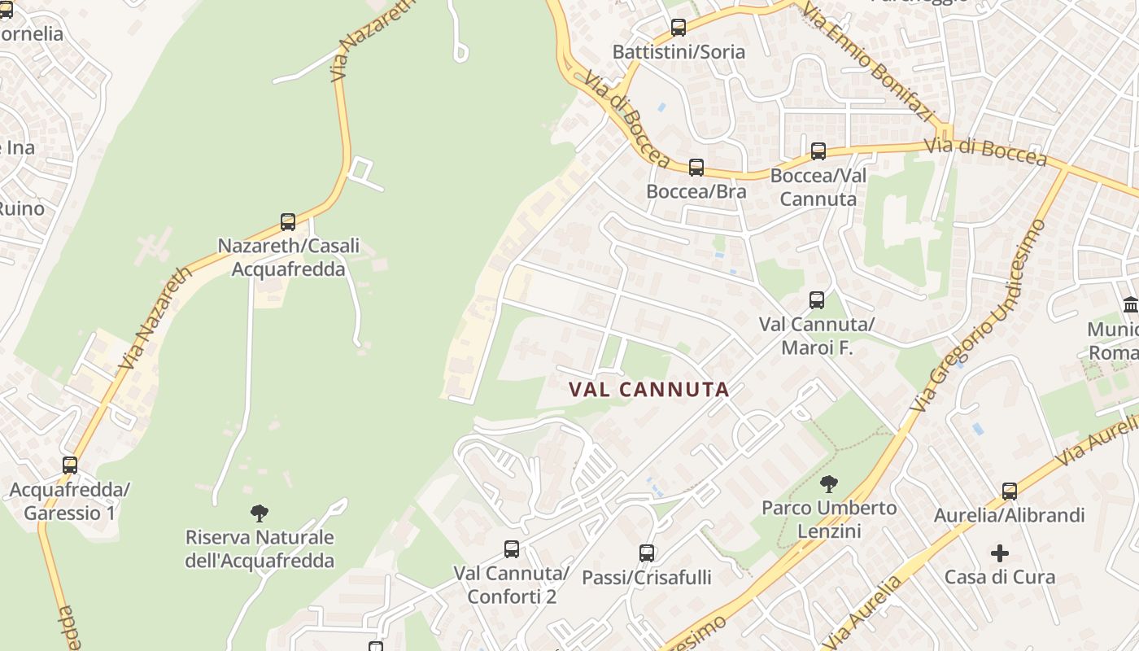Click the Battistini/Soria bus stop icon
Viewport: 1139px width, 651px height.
(x=679, y=28)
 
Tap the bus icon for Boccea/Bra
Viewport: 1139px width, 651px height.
(x=696, y=168)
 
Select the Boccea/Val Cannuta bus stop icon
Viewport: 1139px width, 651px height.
(x=818, y=151)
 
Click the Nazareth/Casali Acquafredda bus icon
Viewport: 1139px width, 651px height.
(x=288, y=221)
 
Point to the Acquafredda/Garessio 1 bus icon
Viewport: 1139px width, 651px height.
(x=70, y=465)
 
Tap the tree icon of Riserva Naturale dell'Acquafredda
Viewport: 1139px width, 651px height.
(x=260, y=513)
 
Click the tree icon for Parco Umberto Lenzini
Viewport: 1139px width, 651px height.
(x=828, y=485)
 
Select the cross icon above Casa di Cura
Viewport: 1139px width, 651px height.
(x=1000, y=553)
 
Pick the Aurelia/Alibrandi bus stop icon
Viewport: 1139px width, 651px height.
(x=1010, y=492)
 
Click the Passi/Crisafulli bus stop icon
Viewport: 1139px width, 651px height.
(x=647, y=553)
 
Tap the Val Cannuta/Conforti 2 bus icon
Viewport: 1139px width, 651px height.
(x=512, y=549)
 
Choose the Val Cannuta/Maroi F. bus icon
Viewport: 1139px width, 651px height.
(x=817, y=300)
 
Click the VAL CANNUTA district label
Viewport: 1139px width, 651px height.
(x=649, y=390)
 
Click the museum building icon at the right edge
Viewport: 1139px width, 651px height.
(x=1130, y=305)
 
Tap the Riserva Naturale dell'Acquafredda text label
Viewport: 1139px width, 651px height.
(x=260, y=549)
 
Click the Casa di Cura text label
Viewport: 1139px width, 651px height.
(x=1000, y=577)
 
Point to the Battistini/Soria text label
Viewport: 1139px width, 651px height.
(x=679, y=52)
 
